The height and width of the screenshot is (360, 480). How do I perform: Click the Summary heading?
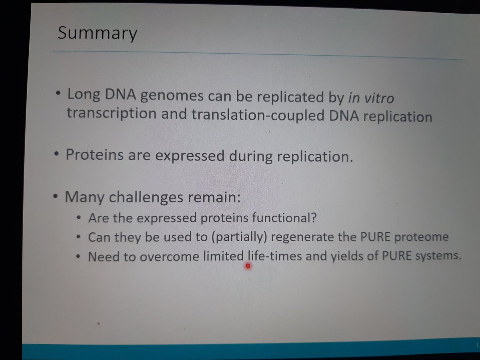[x=97, y=34]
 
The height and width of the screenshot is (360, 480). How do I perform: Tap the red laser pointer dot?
[x=248, y=266]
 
